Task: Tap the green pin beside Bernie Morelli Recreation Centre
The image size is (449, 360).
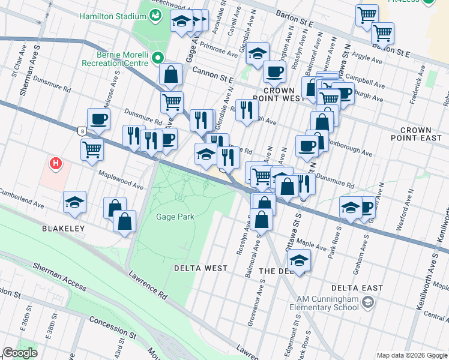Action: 157,58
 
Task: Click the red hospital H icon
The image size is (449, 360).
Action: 56,163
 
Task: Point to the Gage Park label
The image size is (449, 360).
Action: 175,217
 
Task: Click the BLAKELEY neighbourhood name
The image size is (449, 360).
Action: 64,229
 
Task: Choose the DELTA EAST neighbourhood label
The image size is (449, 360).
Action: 358,288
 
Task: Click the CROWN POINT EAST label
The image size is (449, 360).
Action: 424,134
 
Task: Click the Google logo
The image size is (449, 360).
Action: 20,353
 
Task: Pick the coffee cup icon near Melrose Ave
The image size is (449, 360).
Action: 98,118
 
